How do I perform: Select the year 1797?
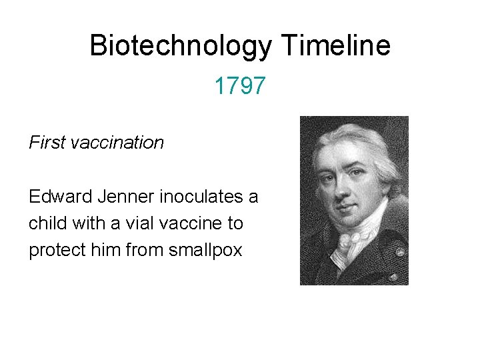[x=240, y=85]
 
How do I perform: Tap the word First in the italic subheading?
[x=47, y=143]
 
